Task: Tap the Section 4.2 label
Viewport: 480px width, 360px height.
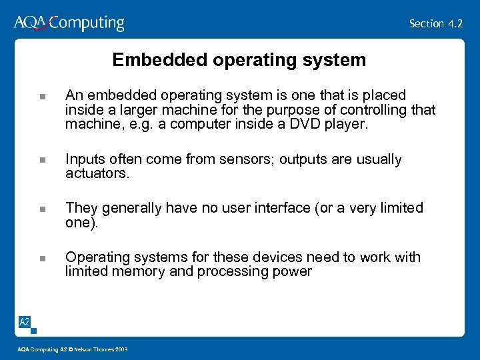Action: (436, 23)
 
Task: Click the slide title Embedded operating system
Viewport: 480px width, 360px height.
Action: (239, 60)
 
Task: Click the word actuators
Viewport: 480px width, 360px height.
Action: (97, 173)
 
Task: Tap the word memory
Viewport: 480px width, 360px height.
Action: (137, 271)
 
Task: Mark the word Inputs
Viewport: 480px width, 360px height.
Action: (83, 160)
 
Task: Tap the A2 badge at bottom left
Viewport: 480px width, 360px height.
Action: (24, 322)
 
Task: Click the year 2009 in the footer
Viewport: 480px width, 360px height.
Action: (121, 350)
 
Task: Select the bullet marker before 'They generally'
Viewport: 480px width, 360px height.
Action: (41, 209)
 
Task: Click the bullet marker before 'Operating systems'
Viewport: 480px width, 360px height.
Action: (41, 258)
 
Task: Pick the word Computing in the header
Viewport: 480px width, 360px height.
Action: (87, 23)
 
